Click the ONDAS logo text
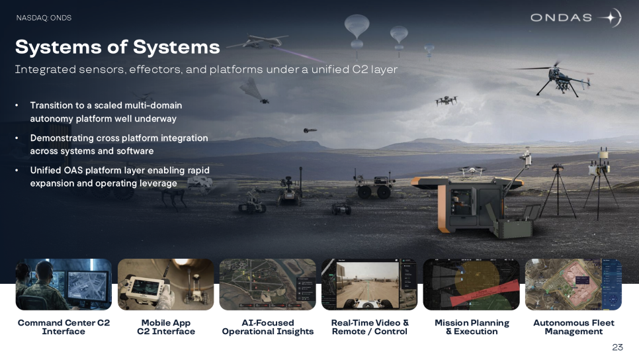pos(561,17)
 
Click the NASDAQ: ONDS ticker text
pos(44,18)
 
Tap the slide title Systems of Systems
pos(117,47)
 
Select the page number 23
pos(617,347)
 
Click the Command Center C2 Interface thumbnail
pos(64,285)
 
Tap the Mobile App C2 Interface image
pos(166,285)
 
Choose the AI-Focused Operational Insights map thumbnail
pos(268,285)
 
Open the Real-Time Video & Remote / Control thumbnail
pos(370,285)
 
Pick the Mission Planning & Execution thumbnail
pos(472,285)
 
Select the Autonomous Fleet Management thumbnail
pos(574,285)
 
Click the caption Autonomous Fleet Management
pos(574,327)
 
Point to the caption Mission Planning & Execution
pos(472,327)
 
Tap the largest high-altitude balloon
pos(357,28)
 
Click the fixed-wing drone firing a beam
pos(257,42)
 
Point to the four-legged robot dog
pos(173,199)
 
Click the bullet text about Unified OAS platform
pos(120,177)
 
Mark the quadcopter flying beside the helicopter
pos(447,101)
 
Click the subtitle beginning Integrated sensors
pos(206,69)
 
